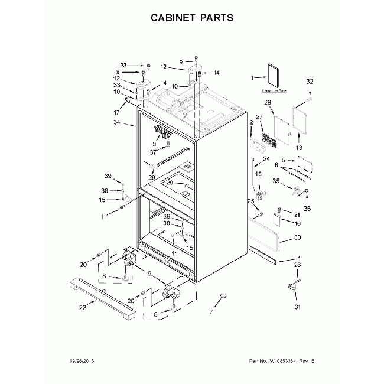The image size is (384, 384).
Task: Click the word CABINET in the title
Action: pyautogui.click(x=171, y=18)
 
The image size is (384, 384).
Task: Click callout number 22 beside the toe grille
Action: pyautogui.click(x=82, y=307)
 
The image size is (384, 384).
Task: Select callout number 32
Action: pyautogui.click(x=310, y=81)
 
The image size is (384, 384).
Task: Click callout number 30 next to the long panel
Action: pyautogui.click(x=297, y=237)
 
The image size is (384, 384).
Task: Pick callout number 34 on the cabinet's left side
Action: pyautogui.click(x=116, y=123)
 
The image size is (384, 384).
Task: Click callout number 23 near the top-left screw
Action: pyautogui.click(x=123, y=65)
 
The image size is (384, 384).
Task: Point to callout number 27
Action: pyautogui.click(x=259, y=117)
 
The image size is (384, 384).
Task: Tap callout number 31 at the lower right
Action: pyautogui.click(x=297, y=306)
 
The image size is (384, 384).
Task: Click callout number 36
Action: pyautogui.click(x=307, y=207)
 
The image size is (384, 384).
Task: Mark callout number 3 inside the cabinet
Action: pyautogui.click(x=154, y=144)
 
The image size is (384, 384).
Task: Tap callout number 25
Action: pyautogui.click(x=250, y=201)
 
